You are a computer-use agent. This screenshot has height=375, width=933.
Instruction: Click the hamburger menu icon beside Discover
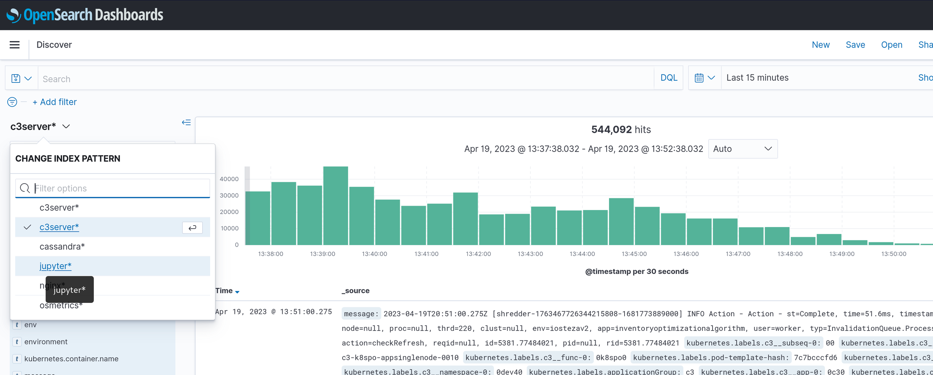(x=14, y=45)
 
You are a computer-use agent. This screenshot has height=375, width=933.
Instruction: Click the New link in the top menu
(x=821, y=45)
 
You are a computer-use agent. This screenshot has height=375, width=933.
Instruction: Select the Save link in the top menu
(x=855, y=45)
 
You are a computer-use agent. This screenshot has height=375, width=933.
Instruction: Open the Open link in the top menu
(x=891, y=45)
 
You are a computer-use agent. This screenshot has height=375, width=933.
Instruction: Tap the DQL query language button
(x=669, y=78)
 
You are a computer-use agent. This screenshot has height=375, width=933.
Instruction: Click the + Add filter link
(x=55, y=102)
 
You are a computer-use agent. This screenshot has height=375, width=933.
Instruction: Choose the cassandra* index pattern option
(x=62, y=247)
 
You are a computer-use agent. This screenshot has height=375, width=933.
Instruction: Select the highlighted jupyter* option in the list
(x=56, y=266)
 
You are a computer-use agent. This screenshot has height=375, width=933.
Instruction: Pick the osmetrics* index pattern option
(x=61, y=306)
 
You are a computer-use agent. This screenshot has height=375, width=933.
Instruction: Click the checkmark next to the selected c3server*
(x=27, y=227)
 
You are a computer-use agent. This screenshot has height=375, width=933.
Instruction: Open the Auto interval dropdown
(x=742, y=149)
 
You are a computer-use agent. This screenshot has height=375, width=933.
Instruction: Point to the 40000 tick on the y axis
(x=229, y=179)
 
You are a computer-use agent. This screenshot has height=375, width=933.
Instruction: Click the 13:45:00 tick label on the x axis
(x=634, y=254)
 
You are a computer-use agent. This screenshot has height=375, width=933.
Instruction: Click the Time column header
(x=224, y=291)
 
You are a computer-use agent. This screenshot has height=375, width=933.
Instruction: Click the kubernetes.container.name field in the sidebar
(x=71, y=359)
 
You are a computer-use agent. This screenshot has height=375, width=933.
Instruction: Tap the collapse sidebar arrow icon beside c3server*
(x=186, y=122)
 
